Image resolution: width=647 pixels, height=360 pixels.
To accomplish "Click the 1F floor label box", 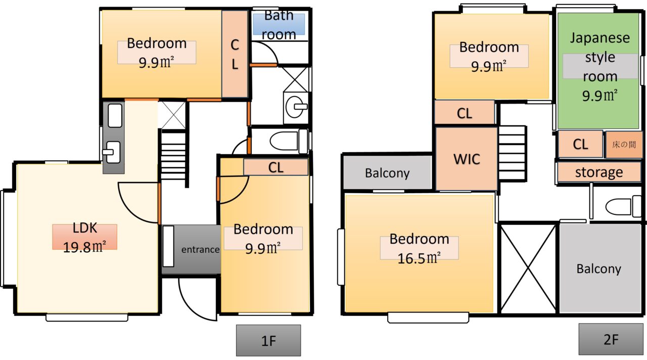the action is [x=268, y=340].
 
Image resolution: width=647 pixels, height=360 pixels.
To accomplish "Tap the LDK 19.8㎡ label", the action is [x=84, y=238].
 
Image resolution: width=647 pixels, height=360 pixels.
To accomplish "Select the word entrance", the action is [x=200, y=249].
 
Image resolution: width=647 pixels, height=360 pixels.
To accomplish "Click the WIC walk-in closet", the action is [x=467, y=159].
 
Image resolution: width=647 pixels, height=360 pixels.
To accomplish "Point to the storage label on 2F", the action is [x=599, y=172].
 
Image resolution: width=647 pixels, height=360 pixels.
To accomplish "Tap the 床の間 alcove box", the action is [x=624, y=145].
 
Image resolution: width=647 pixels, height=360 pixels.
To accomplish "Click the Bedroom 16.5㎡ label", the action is [x=419, y=248].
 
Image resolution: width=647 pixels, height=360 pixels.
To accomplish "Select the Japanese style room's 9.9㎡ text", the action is [x=599, y=96].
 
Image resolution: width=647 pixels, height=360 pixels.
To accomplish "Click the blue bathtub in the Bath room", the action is [x=279, y=24].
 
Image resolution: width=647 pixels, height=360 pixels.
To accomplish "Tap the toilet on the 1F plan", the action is [x=289, y=141].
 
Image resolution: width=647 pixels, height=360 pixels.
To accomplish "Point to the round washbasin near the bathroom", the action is [x=296, y=107].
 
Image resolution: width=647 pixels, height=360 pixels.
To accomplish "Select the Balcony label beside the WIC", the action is [x=387, y=173].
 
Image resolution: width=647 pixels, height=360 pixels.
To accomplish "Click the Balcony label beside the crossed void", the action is [x=598, y=268].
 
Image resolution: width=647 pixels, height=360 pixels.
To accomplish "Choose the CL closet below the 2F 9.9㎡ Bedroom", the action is [x=465, y=113].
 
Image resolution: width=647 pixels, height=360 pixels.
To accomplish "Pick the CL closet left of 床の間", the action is [x=581, y=144].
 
